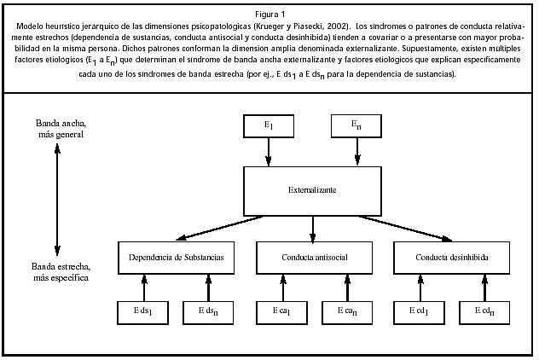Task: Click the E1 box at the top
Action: point(269,126)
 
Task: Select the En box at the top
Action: point(356,126)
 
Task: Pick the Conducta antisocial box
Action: point(314,258)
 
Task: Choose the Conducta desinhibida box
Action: point(453,258)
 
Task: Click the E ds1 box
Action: point(143,313)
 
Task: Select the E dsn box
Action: point(209,313)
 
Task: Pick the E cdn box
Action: point(485,313)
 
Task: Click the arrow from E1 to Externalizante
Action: point(269,152)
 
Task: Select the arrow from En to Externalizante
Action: point(356,152)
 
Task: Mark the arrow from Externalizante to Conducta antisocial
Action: point(314,229)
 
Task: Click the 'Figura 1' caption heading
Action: point(269,15)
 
